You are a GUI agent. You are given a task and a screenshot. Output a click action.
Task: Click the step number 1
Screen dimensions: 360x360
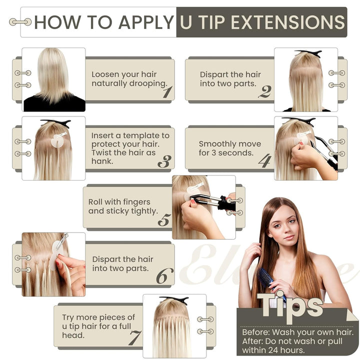click(166, 91)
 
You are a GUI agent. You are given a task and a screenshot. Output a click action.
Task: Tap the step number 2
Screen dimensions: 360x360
click(264, 91)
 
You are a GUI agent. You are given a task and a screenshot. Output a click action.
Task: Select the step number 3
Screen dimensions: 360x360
click(164, 161)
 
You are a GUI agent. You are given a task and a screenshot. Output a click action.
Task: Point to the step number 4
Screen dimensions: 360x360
click(265, 160)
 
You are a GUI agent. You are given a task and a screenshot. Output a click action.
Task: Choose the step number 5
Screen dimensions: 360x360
click(164, 220)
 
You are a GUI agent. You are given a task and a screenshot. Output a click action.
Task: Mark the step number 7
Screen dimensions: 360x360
click(134, 338)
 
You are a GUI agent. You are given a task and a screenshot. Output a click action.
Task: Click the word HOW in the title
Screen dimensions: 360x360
click(54, 22)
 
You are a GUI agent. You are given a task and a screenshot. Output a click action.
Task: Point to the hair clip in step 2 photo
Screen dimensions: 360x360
click(308, 53)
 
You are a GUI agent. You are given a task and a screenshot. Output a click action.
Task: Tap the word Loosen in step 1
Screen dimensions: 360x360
click(105, 74)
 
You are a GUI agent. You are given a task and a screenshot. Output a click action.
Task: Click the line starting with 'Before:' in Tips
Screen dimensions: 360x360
click(297, 332)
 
